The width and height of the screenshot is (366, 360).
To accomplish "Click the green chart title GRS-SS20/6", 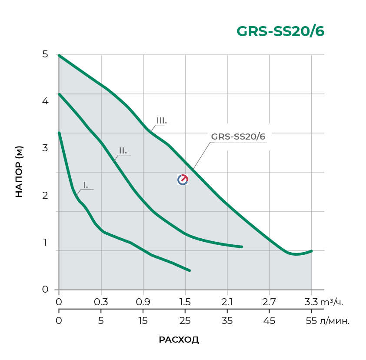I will pyautogui.click(x=280, y=32).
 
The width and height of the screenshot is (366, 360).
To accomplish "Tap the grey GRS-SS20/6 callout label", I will pyautogui.click(x=238, y=136).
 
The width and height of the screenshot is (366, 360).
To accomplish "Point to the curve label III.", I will pyautogui.click(x=162, y=120).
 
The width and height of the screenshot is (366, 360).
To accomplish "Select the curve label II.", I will pyautogui.click(x=123, y=150).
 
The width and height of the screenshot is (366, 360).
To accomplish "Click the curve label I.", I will pyautogui.click(x=86, y=186).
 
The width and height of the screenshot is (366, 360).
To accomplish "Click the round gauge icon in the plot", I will pyautogui.click(x=183, y=180).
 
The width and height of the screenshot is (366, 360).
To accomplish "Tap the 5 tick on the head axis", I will pyautogui.click(x=45, y=54).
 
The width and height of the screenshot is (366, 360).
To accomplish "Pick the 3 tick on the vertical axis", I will pyautogui.click(x=45, y=148).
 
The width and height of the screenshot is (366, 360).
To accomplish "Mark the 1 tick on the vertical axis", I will pyautogui.click(x=45, y=242).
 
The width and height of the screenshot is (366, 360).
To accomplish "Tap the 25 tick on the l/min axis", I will pyautogui.click(x=185, y=321).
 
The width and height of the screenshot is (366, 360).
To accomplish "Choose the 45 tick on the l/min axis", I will pyautogui.click(x=269, y=321).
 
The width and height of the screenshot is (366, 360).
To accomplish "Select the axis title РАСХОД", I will pyautogui.click(x=179, y=340).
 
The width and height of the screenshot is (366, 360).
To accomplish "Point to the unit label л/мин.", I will pyautogui.click(x=335, y=321).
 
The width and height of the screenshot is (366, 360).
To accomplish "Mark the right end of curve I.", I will pyautogui.click(x=190, y=270).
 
